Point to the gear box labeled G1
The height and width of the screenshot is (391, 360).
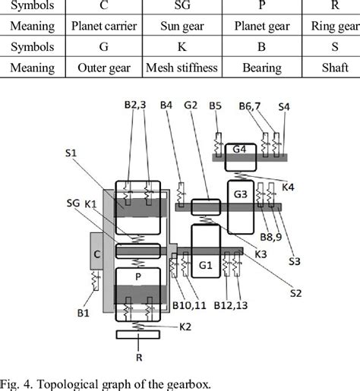[x=205, y=265]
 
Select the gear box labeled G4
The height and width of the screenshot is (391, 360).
[x=240, y=149]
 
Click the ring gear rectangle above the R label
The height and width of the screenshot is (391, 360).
[x=137, y=335]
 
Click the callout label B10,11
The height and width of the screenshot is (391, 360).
[x=186, y=306]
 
